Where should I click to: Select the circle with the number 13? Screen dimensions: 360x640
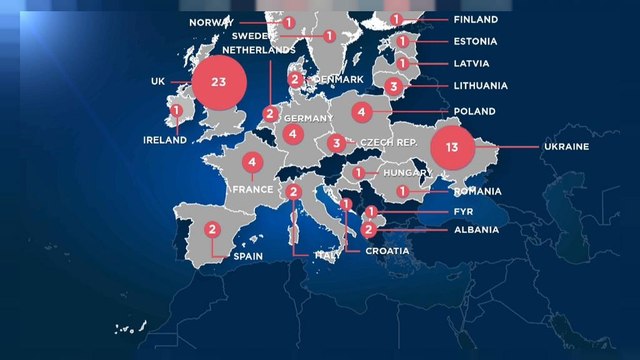click(452, 147)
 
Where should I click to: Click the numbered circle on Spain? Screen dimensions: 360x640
click(213, 229)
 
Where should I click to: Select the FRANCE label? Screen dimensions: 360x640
click(252, 188)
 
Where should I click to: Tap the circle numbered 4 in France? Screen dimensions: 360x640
click(254, 162)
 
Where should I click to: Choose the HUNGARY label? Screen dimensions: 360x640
click(405, 173)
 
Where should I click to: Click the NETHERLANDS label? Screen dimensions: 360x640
click(259, 49)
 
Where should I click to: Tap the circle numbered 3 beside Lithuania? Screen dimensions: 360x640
click(394, 87)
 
